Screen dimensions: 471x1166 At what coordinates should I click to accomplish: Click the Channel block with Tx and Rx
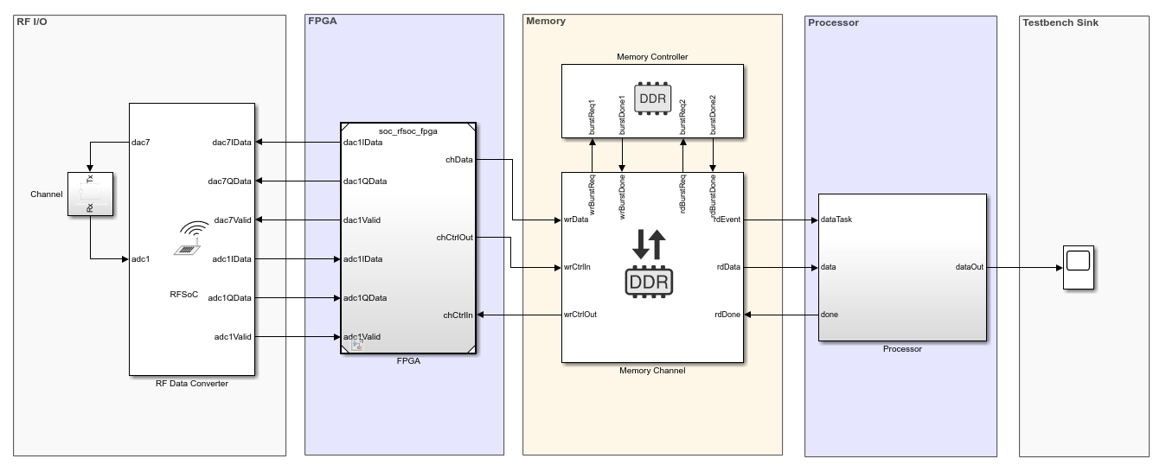[91, 194]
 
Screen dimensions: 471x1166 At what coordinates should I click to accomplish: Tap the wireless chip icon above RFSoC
[193, 239]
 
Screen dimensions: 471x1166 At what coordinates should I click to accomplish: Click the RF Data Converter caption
[192, 384]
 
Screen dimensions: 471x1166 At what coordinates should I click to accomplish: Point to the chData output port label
[458, 160]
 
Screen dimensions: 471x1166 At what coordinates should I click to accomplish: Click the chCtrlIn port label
[458, 315]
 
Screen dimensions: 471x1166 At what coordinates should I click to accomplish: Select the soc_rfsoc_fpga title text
[408, 130]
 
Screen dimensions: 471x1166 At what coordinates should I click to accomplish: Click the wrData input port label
[576, 220]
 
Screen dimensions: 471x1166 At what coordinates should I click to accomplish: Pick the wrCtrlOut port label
[580, 315]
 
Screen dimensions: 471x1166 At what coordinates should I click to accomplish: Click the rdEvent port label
[726, 220]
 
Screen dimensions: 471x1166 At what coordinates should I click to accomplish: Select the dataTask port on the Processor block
[836, 220]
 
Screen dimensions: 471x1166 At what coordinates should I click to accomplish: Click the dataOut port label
[969, 268]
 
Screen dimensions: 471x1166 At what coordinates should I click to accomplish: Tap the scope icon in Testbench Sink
[1079, 268]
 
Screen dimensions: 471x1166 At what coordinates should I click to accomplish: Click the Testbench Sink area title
[1060, 22]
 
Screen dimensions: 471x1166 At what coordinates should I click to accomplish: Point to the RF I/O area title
[34, 22]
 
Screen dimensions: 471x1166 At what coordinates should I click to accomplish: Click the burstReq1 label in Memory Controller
[593, 113]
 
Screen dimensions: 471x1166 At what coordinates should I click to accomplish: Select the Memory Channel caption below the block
[652, 371]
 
